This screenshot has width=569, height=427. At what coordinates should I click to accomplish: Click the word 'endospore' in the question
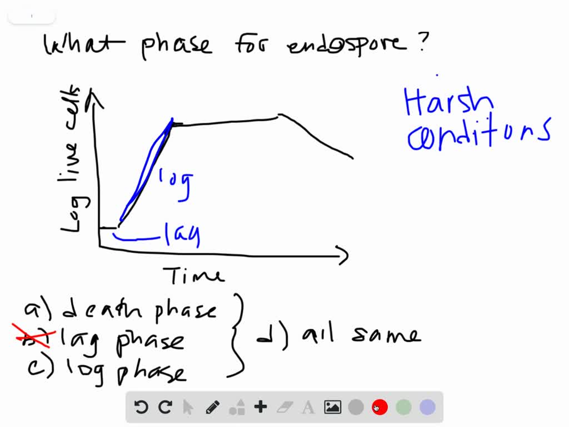pos(346,44)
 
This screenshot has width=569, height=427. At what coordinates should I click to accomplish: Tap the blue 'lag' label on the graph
pos(182,235)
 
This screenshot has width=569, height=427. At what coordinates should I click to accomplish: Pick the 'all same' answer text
pos(361,336)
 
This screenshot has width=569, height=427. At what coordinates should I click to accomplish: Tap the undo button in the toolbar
pos(141,407)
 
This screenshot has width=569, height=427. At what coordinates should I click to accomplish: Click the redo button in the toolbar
pos(165,407)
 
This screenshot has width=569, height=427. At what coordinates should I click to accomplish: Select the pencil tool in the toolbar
pos(212,407)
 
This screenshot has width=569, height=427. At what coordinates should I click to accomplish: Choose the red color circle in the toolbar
pos(380,407)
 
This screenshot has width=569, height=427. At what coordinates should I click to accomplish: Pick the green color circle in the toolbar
pos(403,407)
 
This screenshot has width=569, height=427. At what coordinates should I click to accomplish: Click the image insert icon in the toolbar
pos(332,407)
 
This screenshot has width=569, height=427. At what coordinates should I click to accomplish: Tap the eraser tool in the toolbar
pos(284,407)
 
